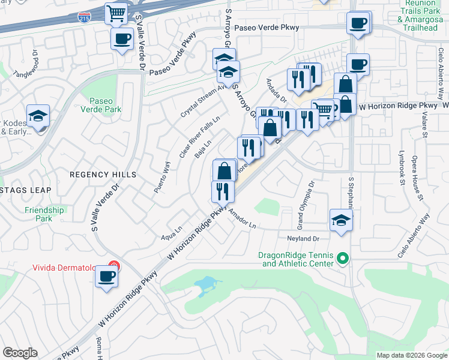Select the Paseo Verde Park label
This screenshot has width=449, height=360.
click(x=106, y=105)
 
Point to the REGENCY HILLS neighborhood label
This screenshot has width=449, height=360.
click(x=103, y=175)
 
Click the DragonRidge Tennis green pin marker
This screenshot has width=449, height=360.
click(x=343, y=259)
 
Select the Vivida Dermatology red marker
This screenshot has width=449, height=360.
click(x=114, y=268)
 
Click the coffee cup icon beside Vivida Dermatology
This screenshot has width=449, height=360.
click(x=107, y=277)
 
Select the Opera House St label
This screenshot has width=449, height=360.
click(x=415, y=181)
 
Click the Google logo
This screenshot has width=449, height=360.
click(x=20, y=353)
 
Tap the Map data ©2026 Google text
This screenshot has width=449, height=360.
click(x=411, y=355)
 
